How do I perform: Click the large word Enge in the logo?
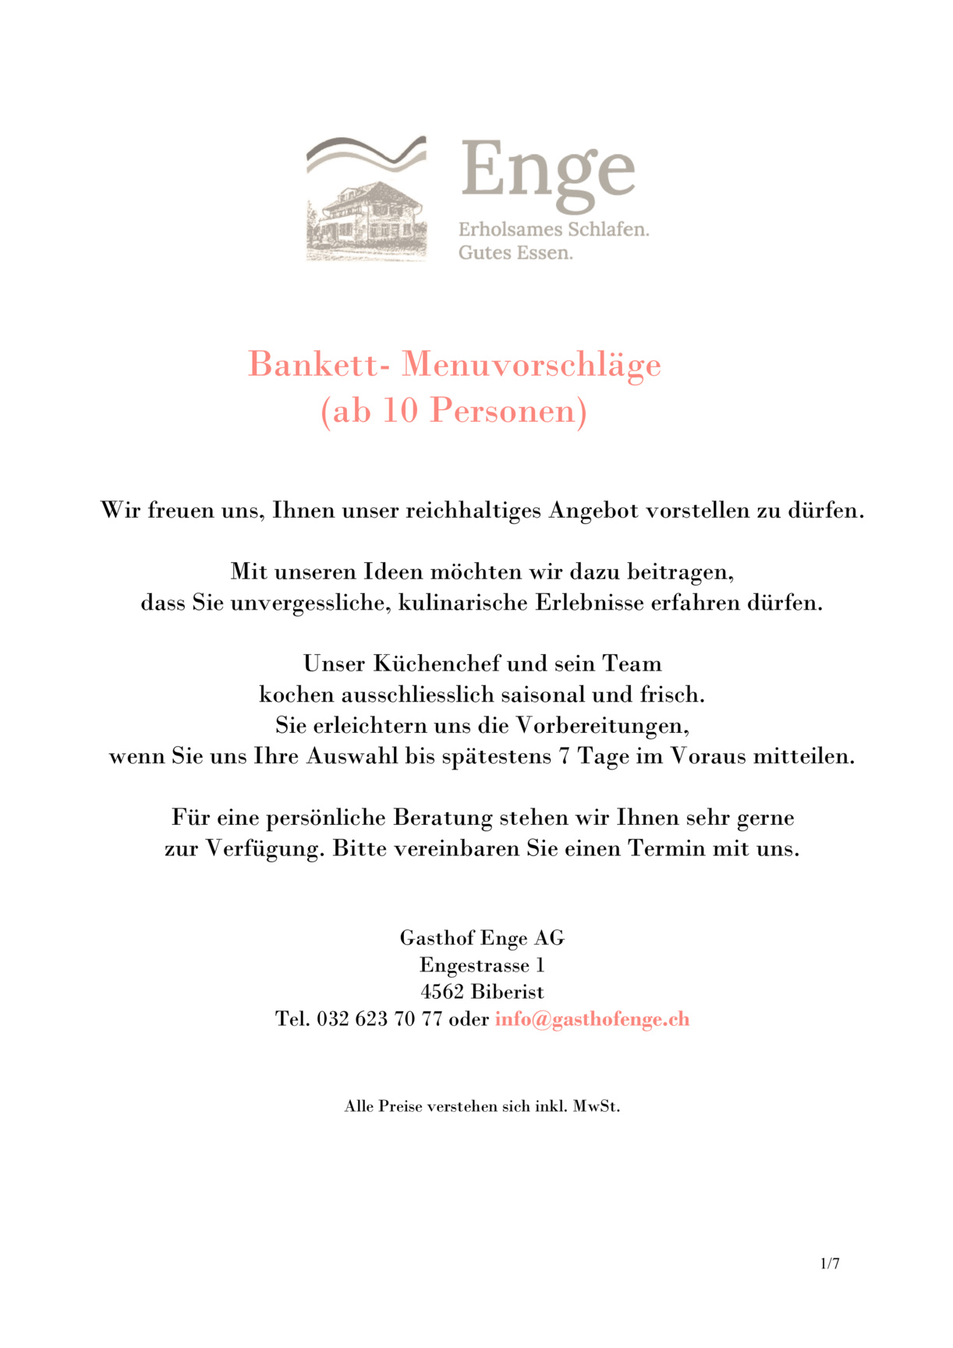pos(547,172)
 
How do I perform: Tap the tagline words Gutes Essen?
pos(515,253)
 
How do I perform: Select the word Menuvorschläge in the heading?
pos(531,365)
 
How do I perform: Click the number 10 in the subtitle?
pos(400,411)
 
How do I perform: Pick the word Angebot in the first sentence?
pos(594,511)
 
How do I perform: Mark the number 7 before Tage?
pos(564,756)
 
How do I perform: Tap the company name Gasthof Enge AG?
pos(482,938)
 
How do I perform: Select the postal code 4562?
pos(442,992)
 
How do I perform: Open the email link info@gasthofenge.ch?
pos(592,1019)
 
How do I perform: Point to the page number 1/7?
pos(830,1264)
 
